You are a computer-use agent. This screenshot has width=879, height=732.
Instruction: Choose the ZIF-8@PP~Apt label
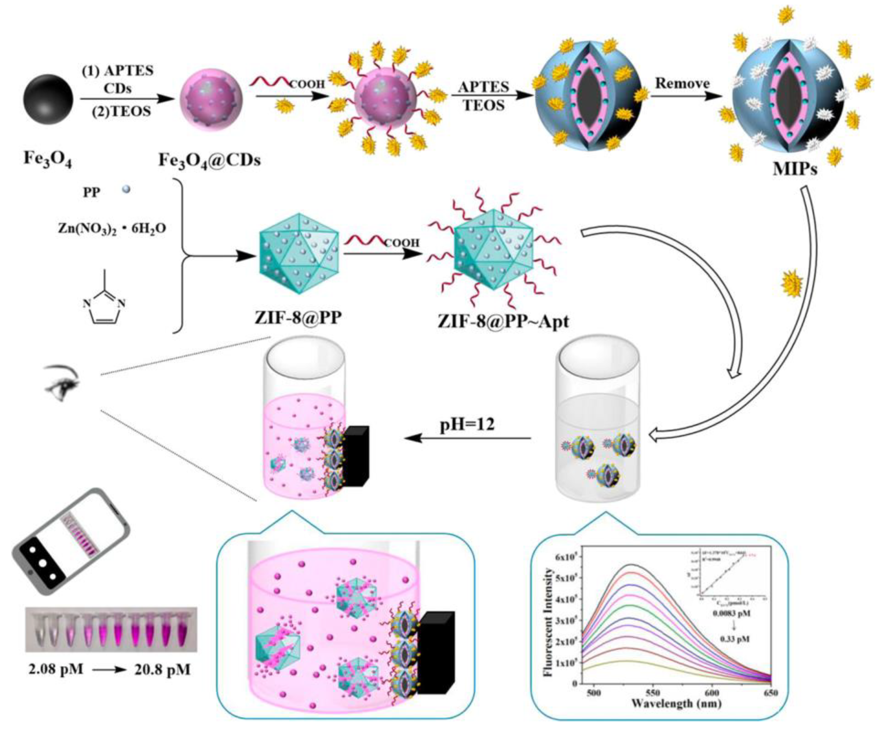(503, 322)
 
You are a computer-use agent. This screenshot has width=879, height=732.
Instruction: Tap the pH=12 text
(467, 425)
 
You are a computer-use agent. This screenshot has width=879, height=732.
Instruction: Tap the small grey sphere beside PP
(126, 190)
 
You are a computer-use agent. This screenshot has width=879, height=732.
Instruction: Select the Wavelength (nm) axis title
(676, 704)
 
